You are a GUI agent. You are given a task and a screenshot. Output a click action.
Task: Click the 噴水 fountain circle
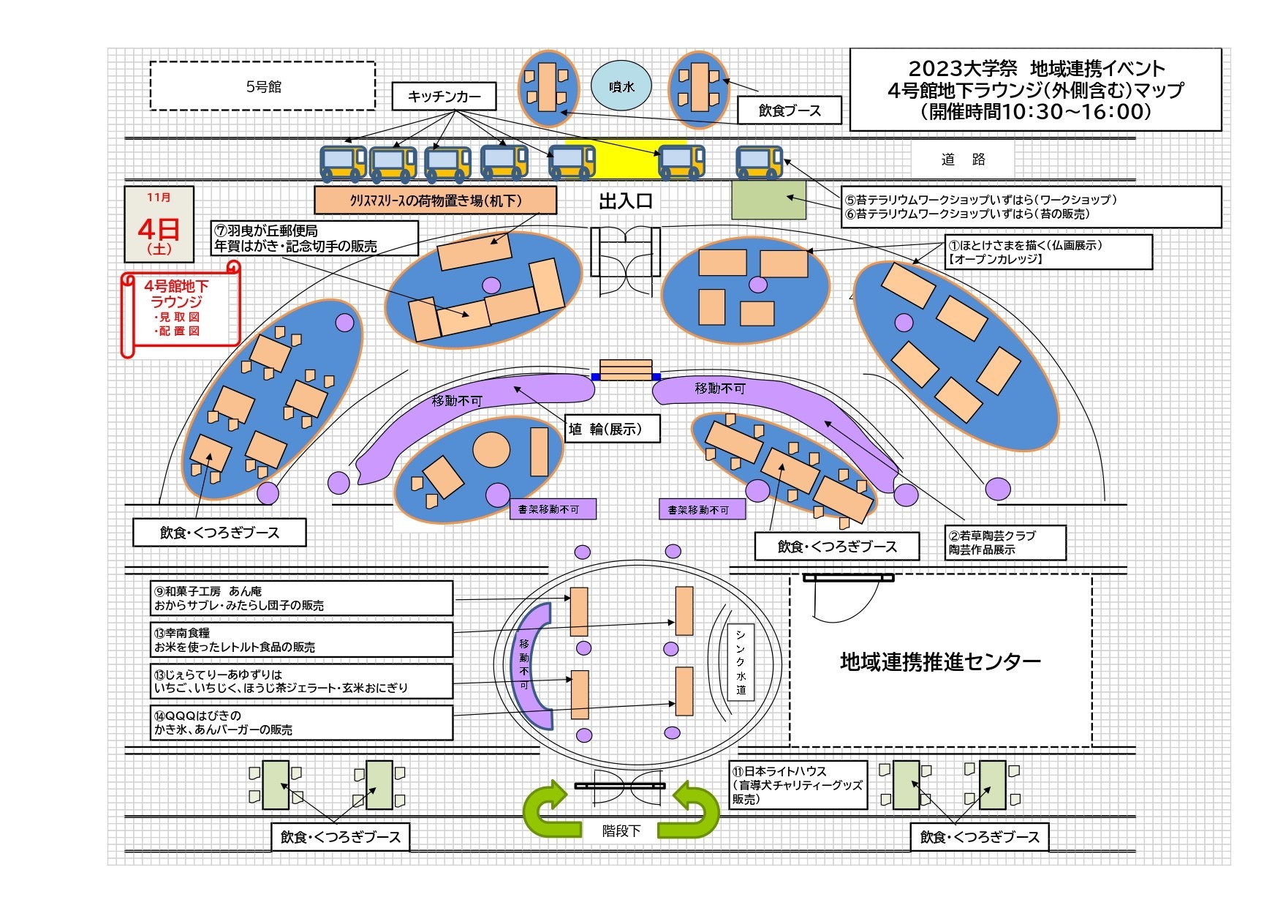tap(621, 86)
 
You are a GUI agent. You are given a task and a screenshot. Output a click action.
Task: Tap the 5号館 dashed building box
tap(262, 86)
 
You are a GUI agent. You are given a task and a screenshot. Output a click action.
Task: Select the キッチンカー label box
tap(444, 97)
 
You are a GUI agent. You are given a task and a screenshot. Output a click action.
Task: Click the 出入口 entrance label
tap(625, 201)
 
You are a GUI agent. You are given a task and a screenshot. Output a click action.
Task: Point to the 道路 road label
tap(963, 160)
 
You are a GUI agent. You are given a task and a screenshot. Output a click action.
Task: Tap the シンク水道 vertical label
tap(741, 661)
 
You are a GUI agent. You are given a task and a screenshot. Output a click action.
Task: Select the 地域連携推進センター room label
tap(940, 661)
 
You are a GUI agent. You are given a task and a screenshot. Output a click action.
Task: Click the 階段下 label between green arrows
tap(621, 830)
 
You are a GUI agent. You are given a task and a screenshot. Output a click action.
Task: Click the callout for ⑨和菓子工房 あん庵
tap(302, 599)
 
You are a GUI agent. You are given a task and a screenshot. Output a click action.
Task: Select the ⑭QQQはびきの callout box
tap(302, 723)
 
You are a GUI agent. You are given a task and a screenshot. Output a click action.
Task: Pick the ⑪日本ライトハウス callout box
tap(798, 785)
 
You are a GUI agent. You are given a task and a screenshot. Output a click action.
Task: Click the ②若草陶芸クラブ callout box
tap(1005, 542)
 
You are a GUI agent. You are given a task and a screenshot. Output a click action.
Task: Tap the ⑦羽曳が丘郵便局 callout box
tap(314, 239)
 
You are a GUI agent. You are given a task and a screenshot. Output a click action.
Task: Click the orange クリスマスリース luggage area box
tap(435, 200)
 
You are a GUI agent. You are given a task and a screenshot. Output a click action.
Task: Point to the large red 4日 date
tap(159, 229)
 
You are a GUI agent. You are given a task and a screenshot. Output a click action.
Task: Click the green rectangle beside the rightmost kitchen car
tap(768, 200)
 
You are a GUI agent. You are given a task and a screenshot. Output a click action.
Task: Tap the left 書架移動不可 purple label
tap(553, 509)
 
